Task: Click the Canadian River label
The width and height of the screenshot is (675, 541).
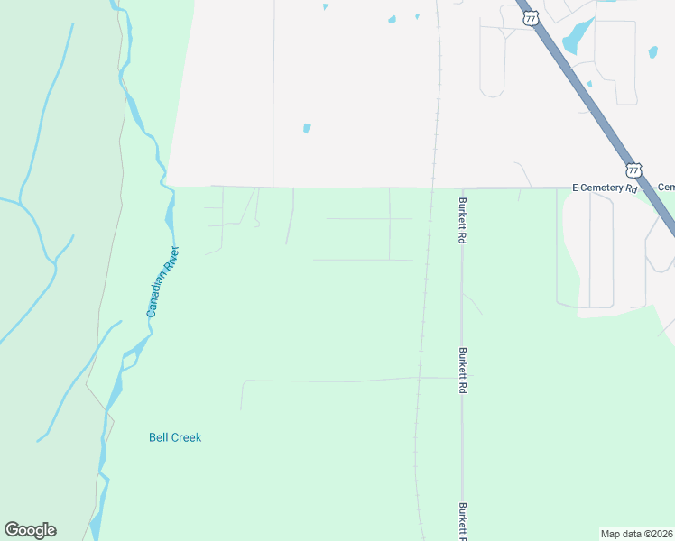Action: pos(164,281)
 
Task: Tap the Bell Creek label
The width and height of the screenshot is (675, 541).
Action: pos(175,437)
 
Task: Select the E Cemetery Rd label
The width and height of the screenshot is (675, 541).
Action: pos(605,188)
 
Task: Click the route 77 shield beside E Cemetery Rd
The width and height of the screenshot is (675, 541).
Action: pos(634,170)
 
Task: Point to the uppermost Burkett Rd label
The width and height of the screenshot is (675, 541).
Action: pos(461,221)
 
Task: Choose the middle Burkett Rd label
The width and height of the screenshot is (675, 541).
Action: pos(461,362)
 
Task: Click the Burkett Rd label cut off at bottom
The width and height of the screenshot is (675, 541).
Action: pos(461,521)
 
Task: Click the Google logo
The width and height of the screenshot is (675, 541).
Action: pos(30,530)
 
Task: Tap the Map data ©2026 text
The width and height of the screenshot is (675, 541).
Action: pos(636,533)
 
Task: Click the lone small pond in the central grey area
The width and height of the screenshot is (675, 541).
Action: pos(307,128)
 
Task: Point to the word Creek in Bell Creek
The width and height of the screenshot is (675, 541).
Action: pos(187,437)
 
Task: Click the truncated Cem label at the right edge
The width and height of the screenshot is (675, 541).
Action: pos(666,188)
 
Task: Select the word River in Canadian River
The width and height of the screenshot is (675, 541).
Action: pos(172,258)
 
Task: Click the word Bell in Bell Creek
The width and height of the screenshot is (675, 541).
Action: pos(158,437)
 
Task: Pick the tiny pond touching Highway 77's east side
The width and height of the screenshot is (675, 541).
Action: pos(589,84)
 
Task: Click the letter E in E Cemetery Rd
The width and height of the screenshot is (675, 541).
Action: pos(575,188)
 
